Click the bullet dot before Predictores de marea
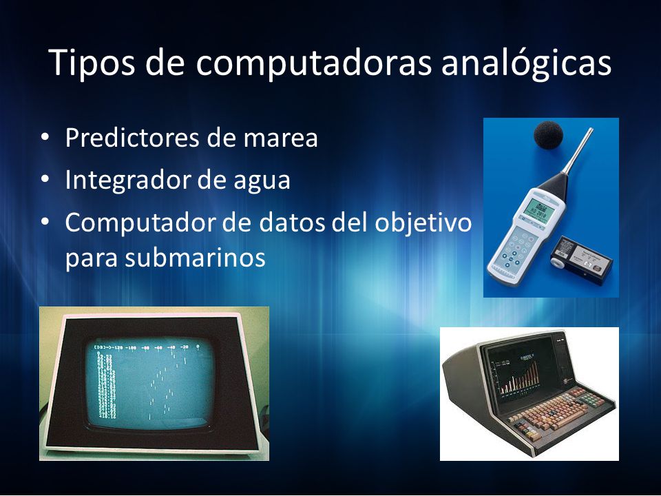point(45,138)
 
